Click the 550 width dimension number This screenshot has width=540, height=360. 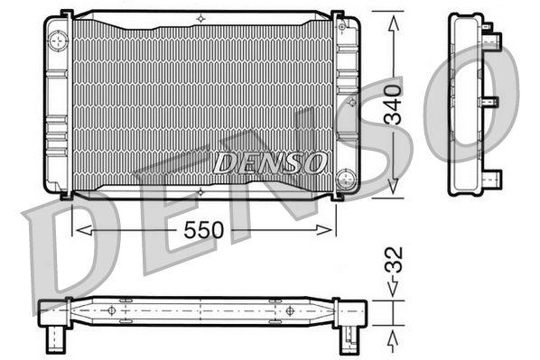click(200, 231)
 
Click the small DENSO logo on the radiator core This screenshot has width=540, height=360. click(268, 162)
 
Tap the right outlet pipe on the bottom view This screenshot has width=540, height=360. click(347, 340)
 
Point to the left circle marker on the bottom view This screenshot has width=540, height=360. click(112, 310)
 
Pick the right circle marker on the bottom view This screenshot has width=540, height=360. click(289, 310)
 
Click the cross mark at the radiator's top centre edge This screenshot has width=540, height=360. click(200, 17)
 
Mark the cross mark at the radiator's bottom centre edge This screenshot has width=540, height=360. click(200, 191)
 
